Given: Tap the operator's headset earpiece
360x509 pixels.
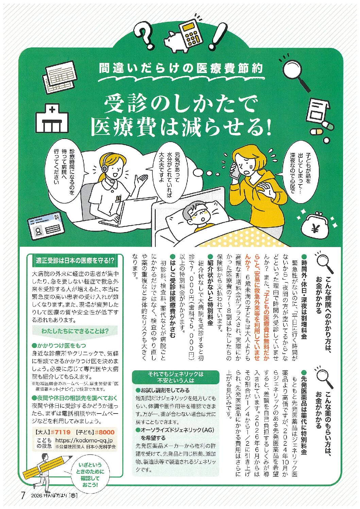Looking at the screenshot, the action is tap(104, 169).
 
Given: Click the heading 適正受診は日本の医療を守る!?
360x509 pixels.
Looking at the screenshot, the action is tap(75, 261).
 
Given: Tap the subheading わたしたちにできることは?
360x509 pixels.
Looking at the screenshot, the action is tap(75, 331).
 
